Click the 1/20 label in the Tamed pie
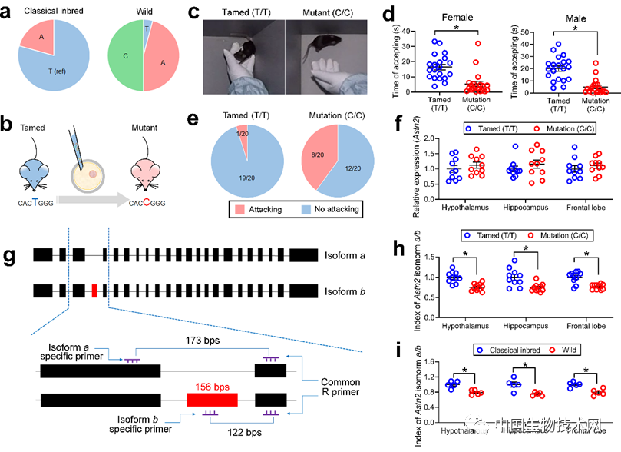(239, 131)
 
